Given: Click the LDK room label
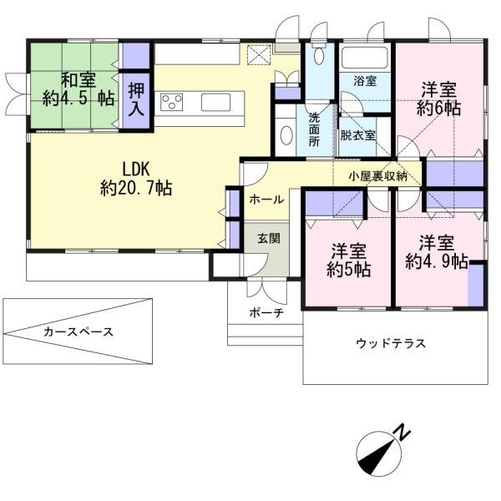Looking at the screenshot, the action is pyautogui.click(x=136, y=170).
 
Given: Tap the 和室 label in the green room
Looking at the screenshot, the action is pyautogui.click(x=78, y=80).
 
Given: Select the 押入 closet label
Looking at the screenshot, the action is pyautogui.click(x=136, y=100).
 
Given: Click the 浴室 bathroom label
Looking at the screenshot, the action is pyautogui.click(x=365, y=81).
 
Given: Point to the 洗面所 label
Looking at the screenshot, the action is pyautogui.click(x=314, y=130).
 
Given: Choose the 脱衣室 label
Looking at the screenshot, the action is pyautogui.click(x=357, y=135).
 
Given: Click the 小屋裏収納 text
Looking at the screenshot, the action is pyautogui.click(x=378, y=176).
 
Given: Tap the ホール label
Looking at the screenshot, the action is pyautogui.click(x=266, y=200).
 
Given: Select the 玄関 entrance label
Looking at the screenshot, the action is pyautogui.click(x=269, y=238).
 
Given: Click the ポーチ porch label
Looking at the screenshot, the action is pyautogui.click(x=266, y=313).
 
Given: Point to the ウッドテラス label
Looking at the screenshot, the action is pyautogui.click(x=391, y=343).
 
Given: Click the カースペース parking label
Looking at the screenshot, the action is pyautogui.click(x=78, y=331).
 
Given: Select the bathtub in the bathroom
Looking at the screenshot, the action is pyautogui.click(x=365, y=57).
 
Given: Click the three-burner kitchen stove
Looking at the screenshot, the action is pyautogui.click(x=171, y=102).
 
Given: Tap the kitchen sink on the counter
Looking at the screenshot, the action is pyautogui.click(x=215, y=102).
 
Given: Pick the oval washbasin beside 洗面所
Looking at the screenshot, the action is pyautogui.click(x=286, y=134).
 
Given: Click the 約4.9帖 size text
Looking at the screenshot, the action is pyautogui.click(x=437, y=262).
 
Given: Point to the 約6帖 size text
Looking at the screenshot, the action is pyautogui.click(x=438, y=109).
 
